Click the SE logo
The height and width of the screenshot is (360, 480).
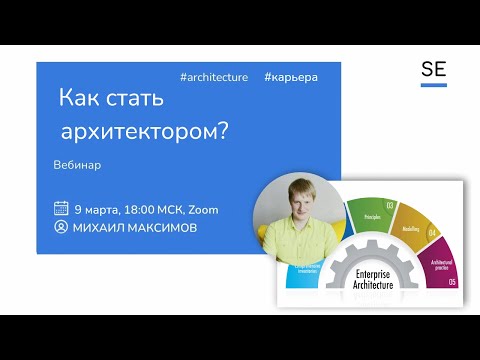[x=433, y=71]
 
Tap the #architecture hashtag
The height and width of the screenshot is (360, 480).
[x=213, y=77]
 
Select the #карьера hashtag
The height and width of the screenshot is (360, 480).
[x=291, y=77]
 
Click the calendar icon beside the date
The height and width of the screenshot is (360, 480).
[x=61, y=209]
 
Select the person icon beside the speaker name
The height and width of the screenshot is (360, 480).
[x=61, y=228]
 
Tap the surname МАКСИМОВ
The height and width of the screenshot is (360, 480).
[x=161, y=228]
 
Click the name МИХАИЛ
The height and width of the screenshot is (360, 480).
[x=97, y=228]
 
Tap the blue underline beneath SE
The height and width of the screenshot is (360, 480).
[x=433, y=85]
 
